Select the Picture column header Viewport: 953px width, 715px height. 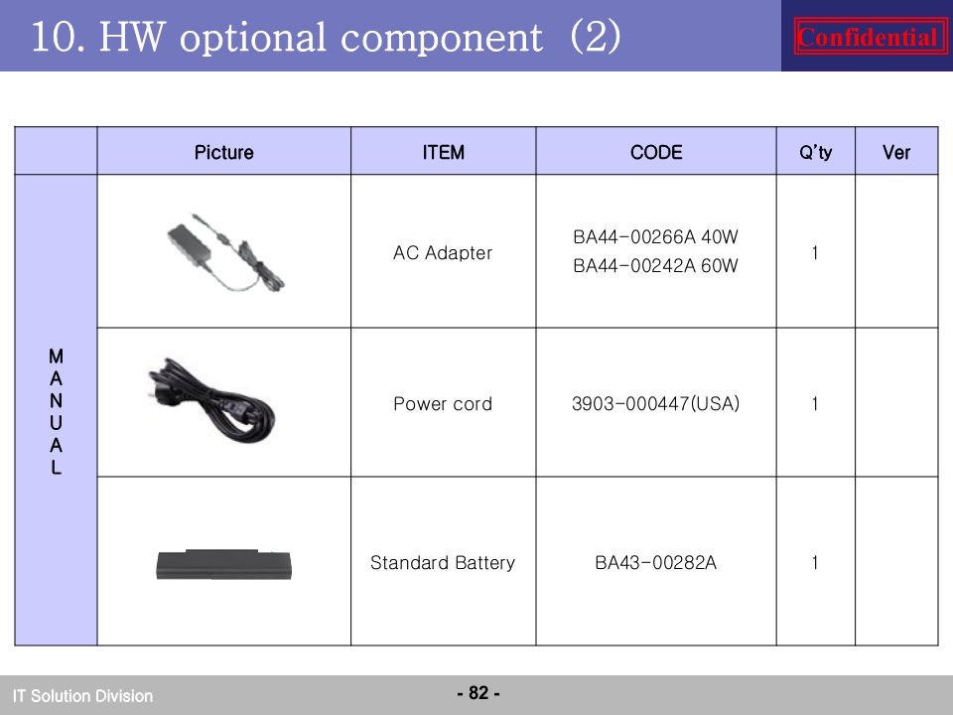tap(223, 152)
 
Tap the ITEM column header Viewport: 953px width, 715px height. tap(443, 152)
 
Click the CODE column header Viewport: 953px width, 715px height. tap(656, 152)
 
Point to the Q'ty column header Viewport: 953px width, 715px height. tap(815, 152)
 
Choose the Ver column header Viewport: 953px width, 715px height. tap(895, 152)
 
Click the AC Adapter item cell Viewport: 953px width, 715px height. tap(443, 252)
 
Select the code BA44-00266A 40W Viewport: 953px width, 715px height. tap(655, 236)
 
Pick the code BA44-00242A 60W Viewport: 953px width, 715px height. tap(655, 266)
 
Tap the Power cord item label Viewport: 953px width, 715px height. tap(443, 404)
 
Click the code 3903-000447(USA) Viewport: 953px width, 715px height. tap(655, 404)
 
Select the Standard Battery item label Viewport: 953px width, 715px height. tap(443, 563)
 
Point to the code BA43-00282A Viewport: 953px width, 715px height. tap(655, 563)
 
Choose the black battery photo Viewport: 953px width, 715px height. tap(223, 565)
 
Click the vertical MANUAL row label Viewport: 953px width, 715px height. tap(56, 411)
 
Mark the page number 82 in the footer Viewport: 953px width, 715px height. tap(478, 692)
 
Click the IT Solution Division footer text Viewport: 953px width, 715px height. tap(82, 695)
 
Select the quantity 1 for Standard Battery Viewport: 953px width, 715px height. tap(814, 563)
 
